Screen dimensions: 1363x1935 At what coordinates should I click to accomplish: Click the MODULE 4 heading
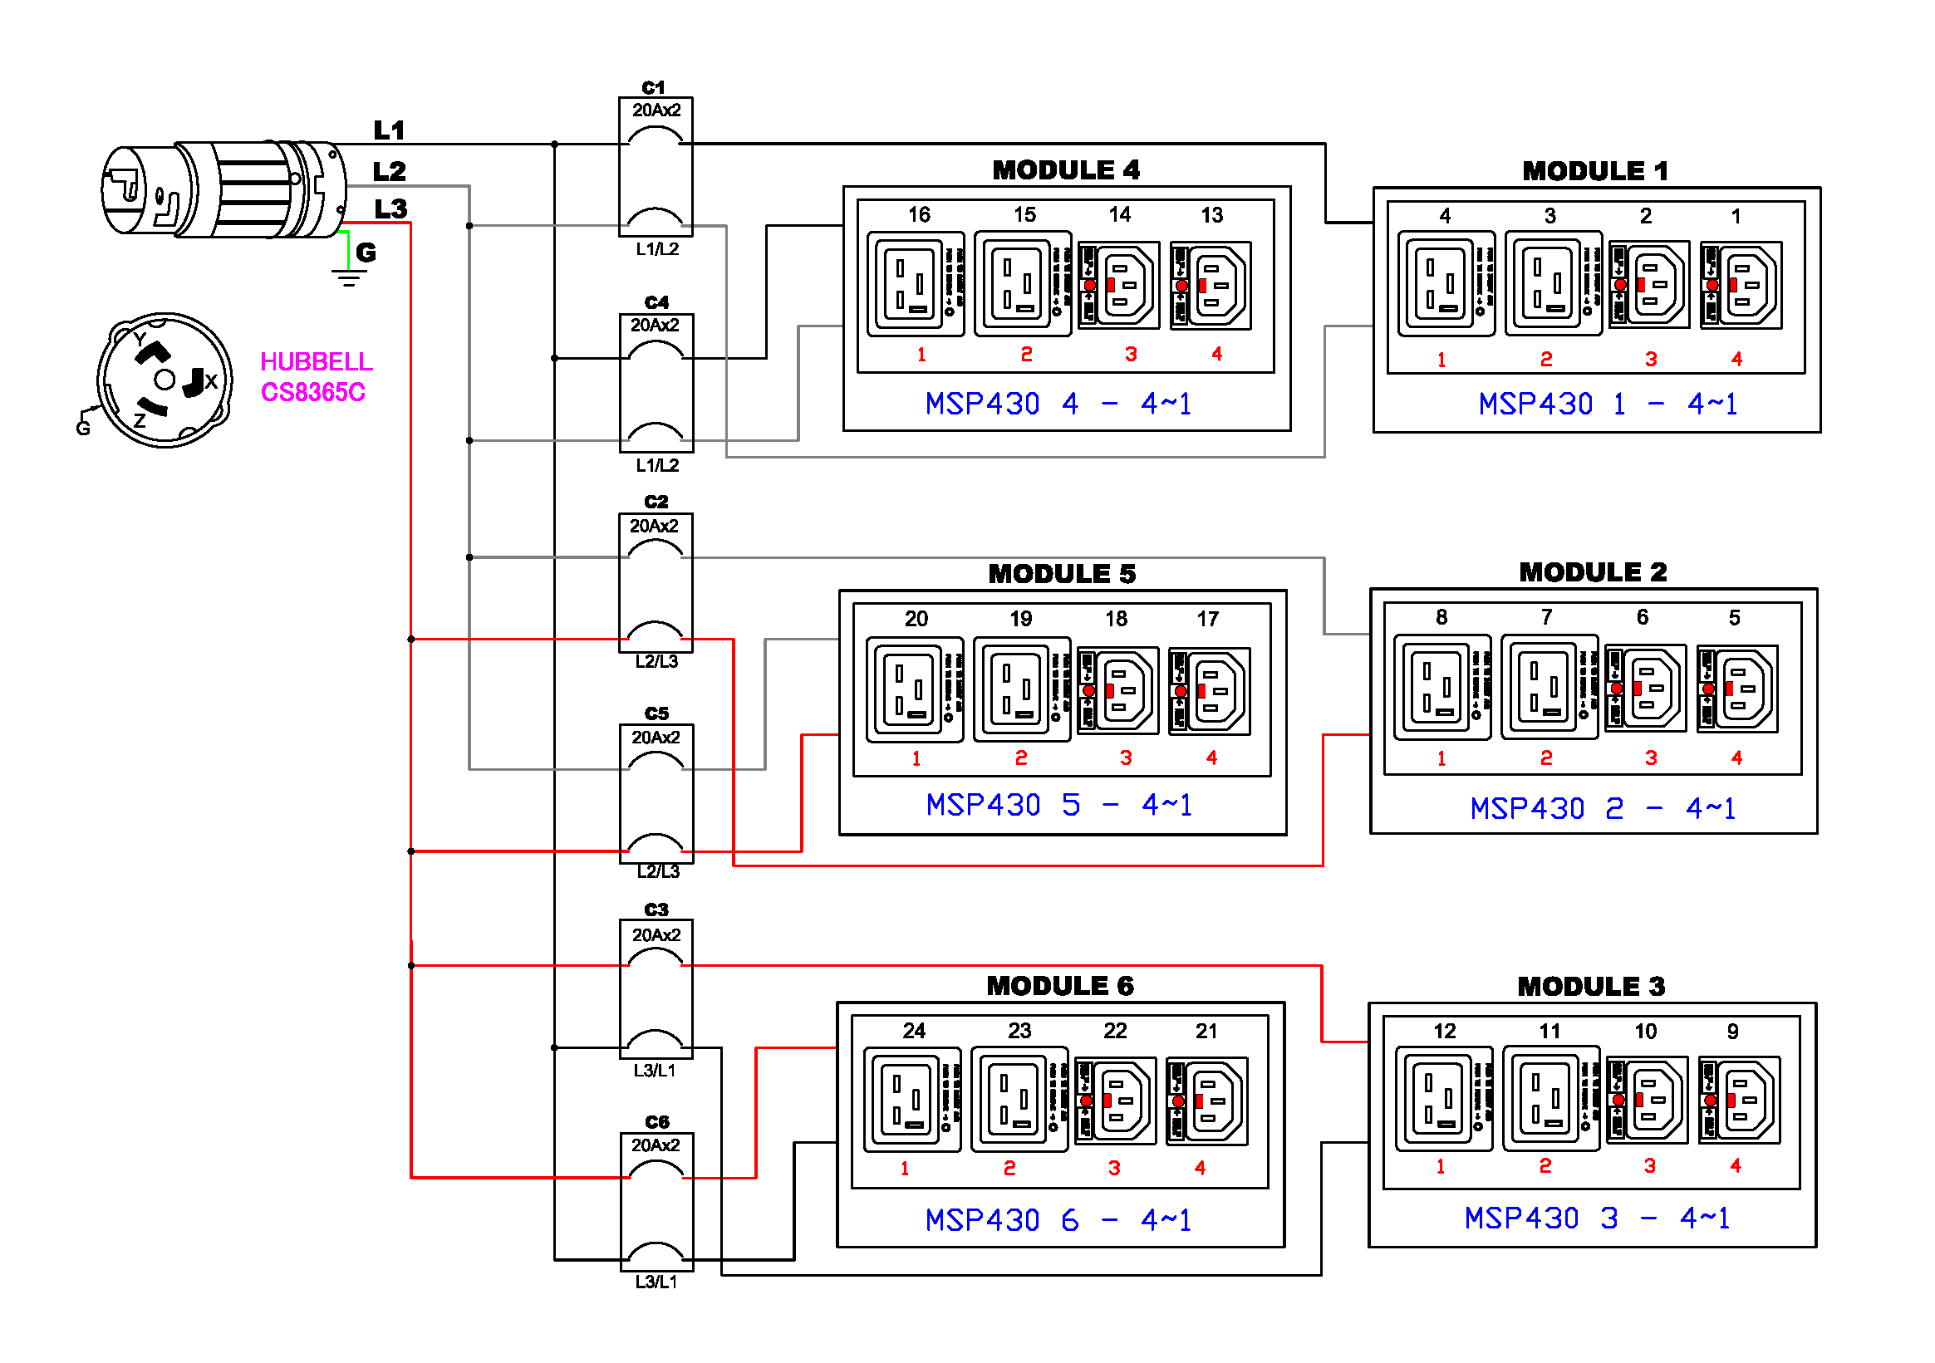click(1065, 170)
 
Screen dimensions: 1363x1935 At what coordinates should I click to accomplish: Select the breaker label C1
click(653, 87)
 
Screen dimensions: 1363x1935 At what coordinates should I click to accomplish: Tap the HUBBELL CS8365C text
click(315, 376)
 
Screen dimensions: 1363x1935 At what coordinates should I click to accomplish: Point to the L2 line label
click(390, 172)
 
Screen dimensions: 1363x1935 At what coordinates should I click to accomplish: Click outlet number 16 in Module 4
click(915, 285)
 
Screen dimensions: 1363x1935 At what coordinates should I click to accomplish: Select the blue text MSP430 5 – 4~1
click(1058, 806)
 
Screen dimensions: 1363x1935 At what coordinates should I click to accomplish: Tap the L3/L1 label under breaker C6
click(656, 1282)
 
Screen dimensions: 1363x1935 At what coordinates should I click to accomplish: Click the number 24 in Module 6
click(914, 1030)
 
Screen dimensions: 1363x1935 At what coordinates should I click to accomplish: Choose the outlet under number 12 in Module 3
click(1442, 1099)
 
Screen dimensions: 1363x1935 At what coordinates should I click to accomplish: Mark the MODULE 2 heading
click(1592, 573)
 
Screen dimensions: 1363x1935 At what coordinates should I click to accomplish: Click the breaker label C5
click(656, 713)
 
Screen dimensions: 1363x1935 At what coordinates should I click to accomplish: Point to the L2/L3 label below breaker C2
click(656, 661)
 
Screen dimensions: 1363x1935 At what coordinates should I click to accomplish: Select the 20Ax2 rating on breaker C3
click(656, 935)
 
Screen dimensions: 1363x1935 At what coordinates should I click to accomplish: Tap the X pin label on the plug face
click(211, 380)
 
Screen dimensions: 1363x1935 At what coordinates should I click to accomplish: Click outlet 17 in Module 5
click(1209, 691)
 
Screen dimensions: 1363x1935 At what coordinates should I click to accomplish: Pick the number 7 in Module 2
click(1545, 617)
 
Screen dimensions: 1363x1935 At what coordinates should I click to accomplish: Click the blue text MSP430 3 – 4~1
click(1596, 1218)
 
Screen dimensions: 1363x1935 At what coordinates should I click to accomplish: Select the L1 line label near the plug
click(390, 130)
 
